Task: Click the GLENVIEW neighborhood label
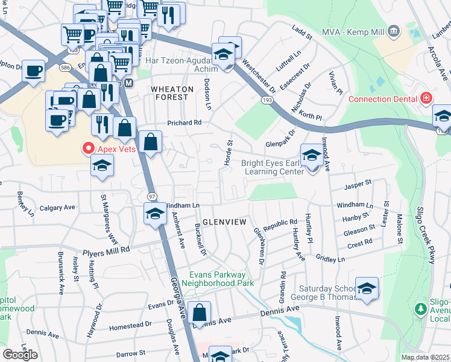[x=224, y=222]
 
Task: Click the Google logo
[x=20, y=355]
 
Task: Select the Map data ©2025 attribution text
[x=426, y=357]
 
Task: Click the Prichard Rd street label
[x=184, y=122]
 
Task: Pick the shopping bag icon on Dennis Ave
[x=199, y=313]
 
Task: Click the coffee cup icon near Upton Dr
[x=34, y=70]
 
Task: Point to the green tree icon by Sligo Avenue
[x=421, y=309]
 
